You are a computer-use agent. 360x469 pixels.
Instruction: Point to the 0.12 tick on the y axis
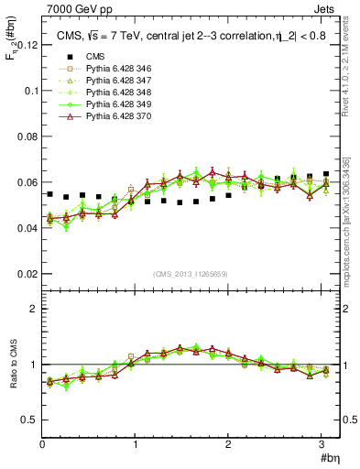(25, 45)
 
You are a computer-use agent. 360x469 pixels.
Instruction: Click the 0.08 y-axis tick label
(25, 136)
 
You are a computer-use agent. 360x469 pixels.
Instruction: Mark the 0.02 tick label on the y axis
(25, 274)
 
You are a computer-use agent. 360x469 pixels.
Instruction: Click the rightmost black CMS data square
(325, 174)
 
